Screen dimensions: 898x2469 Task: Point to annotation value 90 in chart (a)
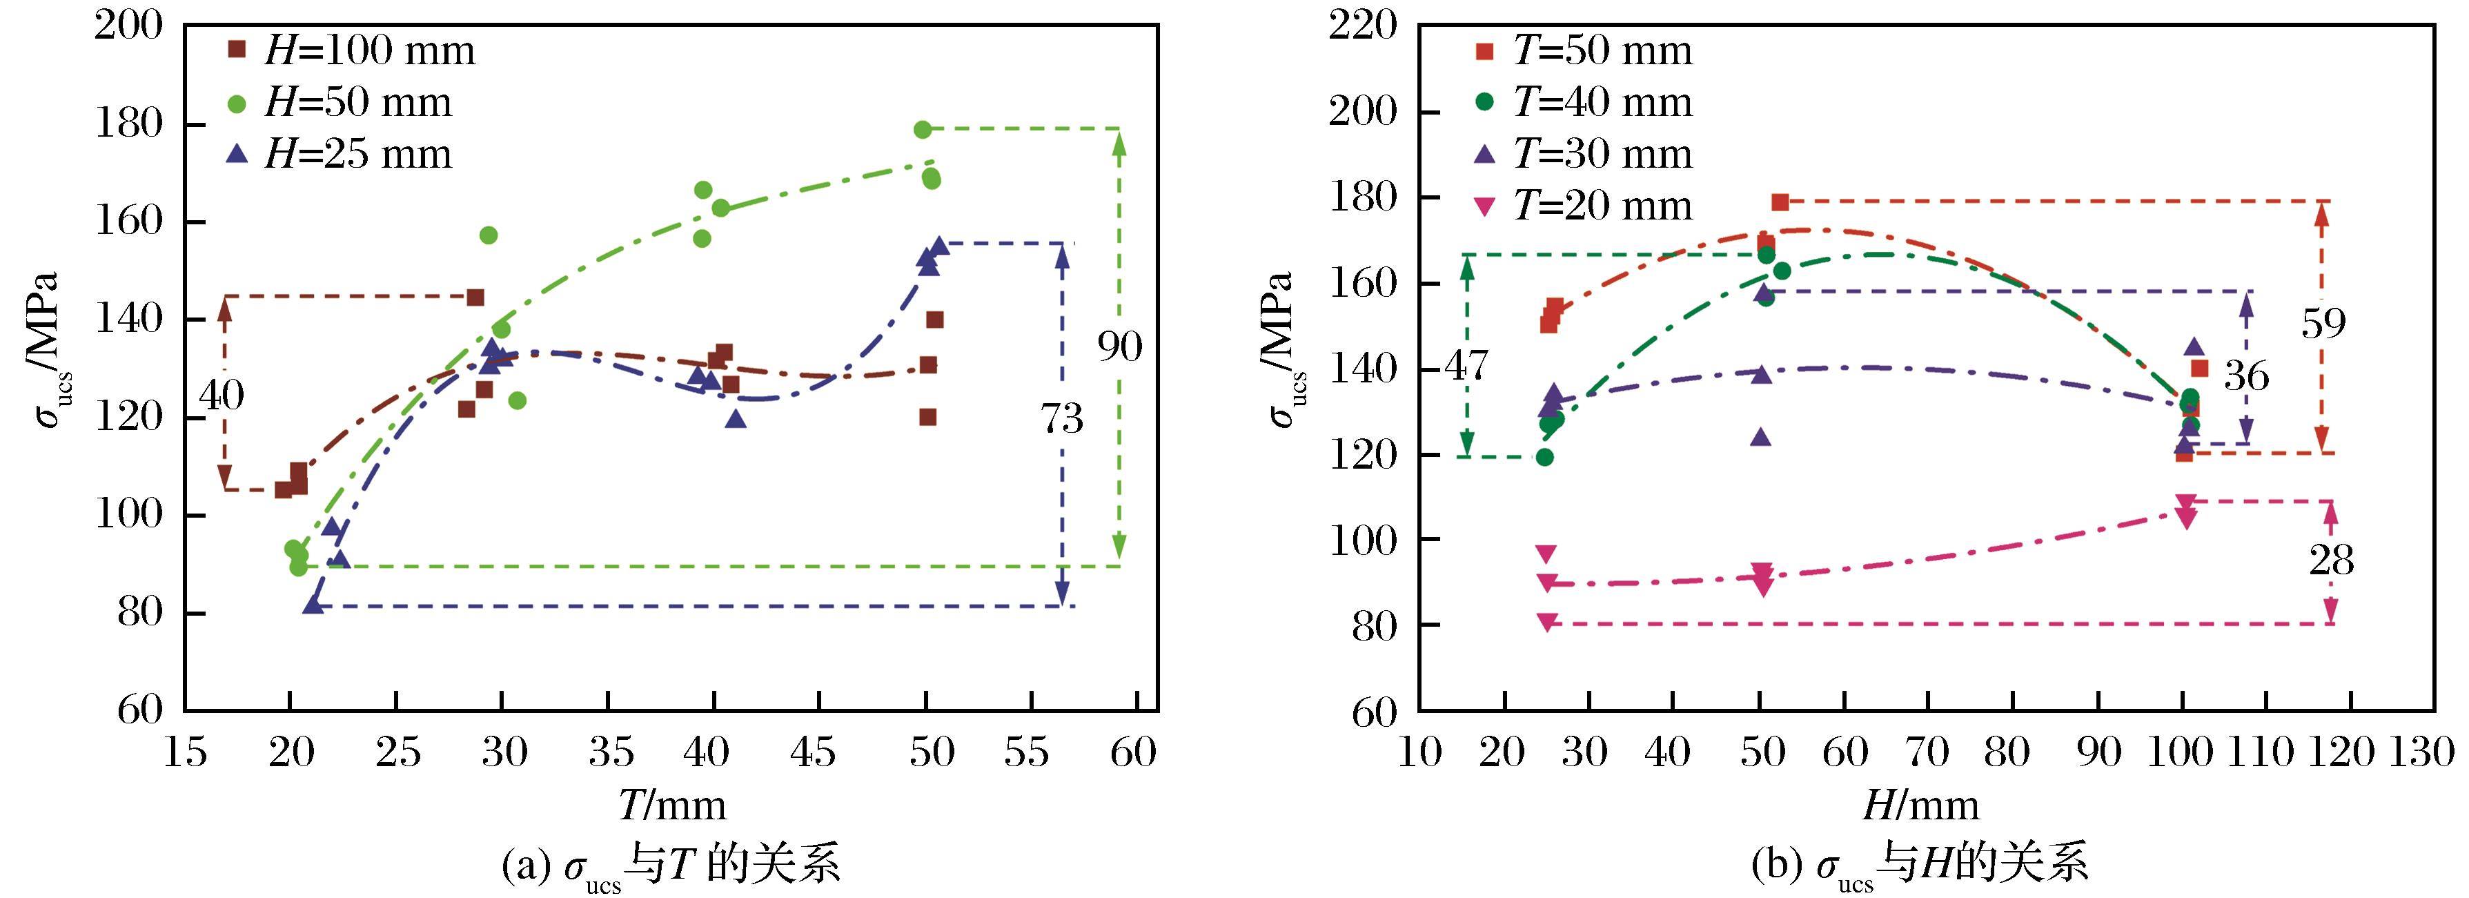coord(1119,347)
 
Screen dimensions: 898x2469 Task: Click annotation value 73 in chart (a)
coord(1061,419)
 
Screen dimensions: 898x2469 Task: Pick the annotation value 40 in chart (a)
coord(222,395)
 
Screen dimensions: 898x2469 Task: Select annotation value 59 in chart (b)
coord(2323,324)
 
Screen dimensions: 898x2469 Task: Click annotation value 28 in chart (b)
coord(2331,560)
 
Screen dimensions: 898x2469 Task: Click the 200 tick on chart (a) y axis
coord(128,26)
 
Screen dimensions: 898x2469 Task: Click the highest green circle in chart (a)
coord(922,129)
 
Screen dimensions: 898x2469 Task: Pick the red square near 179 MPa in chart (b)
coord(1780,202)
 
